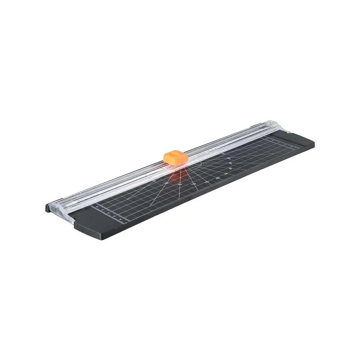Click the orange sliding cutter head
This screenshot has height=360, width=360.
(x=175, y=158)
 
